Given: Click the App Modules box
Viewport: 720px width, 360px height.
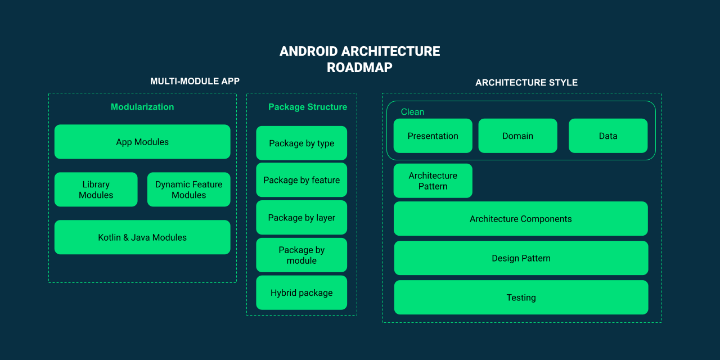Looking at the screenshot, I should pyautogui.click(x=142, y=142).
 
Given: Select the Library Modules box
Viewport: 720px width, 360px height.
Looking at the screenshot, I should pyautogui.click(x=96, y=190).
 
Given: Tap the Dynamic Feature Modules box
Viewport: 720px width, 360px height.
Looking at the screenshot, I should pyautogui.click(x=188, y=190).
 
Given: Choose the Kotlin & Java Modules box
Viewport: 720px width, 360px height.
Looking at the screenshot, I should pyautogui.click(x=142, y=237).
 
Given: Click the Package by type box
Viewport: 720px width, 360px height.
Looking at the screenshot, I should pyautogui.click(x=301, y=143).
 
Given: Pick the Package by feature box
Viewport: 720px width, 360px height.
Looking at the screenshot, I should pyautogui.click(x=301, y=180).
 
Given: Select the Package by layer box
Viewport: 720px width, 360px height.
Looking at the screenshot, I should pyautogui.click(x=301, y=218).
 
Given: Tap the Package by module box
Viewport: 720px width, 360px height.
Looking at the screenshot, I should pyautogui.click(x=301, y=255).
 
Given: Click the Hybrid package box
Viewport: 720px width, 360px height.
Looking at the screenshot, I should pyautogui.click(x=301, y=292).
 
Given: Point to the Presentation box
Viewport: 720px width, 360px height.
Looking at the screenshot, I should pyautogui.click(x=433, y=136).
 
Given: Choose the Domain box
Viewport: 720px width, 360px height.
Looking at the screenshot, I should pyautogui.click(x=517, y=136).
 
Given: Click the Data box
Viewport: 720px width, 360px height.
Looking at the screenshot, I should pyautogui.click(x=608, y=136).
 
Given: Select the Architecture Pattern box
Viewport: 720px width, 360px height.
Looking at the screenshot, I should pyautogui.click(x=433, y=181).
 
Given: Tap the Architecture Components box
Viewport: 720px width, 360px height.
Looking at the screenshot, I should pyautogui.click(x=520, y=219).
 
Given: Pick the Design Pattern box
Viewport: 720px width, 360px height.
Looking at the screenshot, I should pyautogui.click(x=521, y=258).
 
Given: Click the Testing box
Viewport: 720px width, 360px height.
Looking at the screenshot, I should pyautogui.click(x=521, y=298).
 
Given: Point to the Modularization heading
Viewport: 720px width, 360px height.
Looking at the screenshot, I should pyautogui.click(x=142, y=107).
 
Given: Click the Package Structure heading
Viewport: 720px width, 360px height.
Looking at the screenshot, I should pyautogui.click(x=308, y=107).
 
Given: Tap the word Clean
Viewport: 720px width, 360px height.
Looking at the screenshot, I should pyautogui.click(x=412, y=112).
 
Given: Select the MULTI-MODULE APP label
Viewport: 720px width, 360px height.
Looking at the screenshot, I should pyautogui.click(x=195, y=81).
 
